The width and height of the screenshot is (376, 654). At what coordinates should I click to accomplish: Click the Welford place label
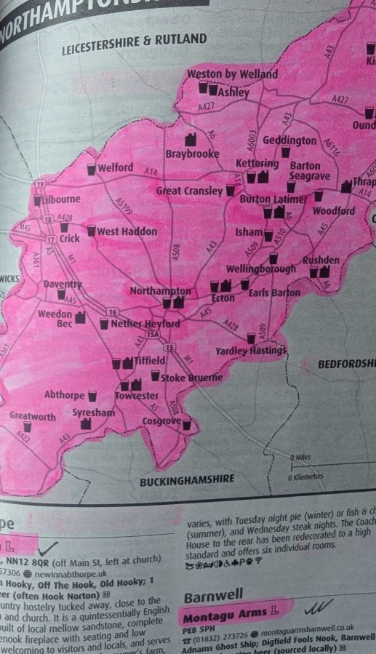click(116, 168)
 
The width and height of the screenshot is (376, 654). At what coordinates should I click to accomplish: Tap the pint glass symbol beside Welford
click(92, 170)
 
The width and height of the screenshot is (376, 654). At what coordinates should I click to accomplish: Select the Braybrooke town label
click(192, 154)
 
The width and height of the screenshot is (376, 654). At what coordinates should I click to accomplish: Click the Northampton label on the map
click(160, 291)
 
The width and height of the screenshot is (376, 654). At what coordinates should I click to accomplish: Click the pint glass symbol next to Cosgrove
click(187, 424)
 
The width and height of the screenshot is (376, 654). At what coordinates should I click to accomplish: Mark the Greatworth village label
click(32, 416)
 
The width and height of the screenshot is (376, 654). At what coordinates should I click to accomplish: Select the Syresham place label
click(93, 412)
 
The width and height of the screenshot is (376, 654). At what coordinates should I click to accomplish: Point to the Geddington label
click(289, 140)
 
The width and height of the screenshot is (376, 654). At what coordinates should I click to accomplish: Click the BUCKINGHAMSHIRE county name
click(187, 479)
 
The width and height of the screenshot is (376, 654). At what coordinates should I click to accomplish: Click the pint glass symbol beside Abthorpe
click(92, 396)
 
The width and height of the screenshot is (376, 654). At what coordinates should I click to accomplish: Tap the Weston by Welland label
click(232, 74)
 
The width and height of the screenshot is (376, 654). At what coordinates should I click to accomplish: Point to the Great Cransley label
click(190, 191)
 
